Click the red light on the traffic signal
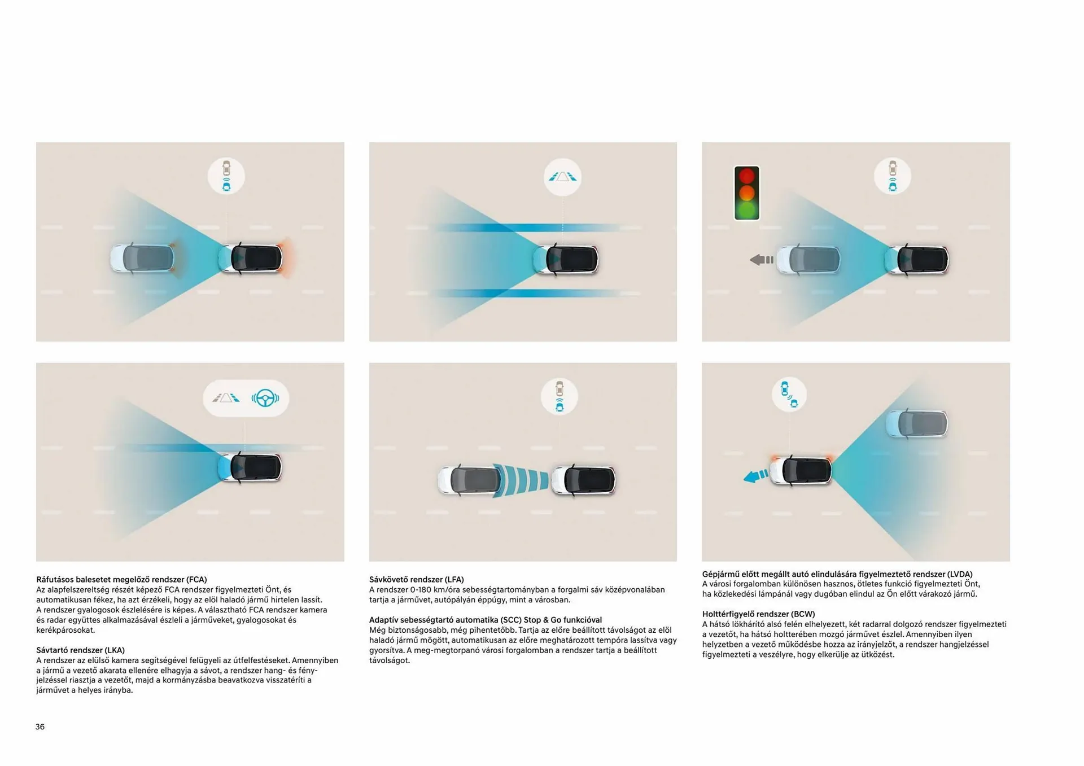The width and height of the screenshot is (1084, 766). coord(746,176)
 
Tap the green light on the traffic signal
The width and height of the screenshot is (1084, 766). coord(746,210)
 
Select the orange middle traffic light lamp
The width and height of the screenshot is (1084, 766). coord(746,193)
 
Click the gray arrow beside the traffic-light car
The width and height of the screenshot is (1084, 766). coord(762,260)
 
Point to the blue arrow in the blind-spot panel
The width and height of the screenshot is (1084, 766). coord(756,476)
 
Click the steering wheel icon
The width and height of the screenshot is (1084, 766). coord(265,398)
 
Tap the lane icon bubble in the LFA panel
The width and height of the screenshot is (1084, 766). coord(562,177)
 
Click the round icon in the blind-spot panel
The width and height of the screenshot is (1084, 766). coord(789,394)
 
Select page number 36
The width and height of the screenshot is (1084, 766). coord(40,726)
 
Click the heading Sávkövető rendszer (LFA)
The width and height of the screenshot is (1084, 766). coord(417,579)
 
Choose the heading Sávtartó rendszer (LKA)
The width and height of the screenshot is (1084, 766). coord(81,650)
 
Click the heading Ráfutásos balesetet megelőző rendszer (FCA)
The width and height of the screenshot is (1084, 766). coord(122,579)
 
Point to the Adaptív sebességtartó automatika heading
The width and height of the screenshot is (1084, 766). coord(486,620)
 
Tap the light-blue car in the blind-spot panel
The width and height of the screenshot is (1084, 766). coord(916,423)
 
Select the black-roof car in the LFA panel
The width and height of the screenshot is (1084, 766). coord(566,259)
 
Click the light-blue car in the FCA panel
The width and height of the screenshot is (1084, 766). coord(142,258)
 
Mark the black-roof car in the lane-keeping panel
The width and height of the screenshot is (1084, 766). coord(250,467)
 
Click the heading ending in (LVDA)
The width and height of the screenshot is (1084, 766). coord(837,574)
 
